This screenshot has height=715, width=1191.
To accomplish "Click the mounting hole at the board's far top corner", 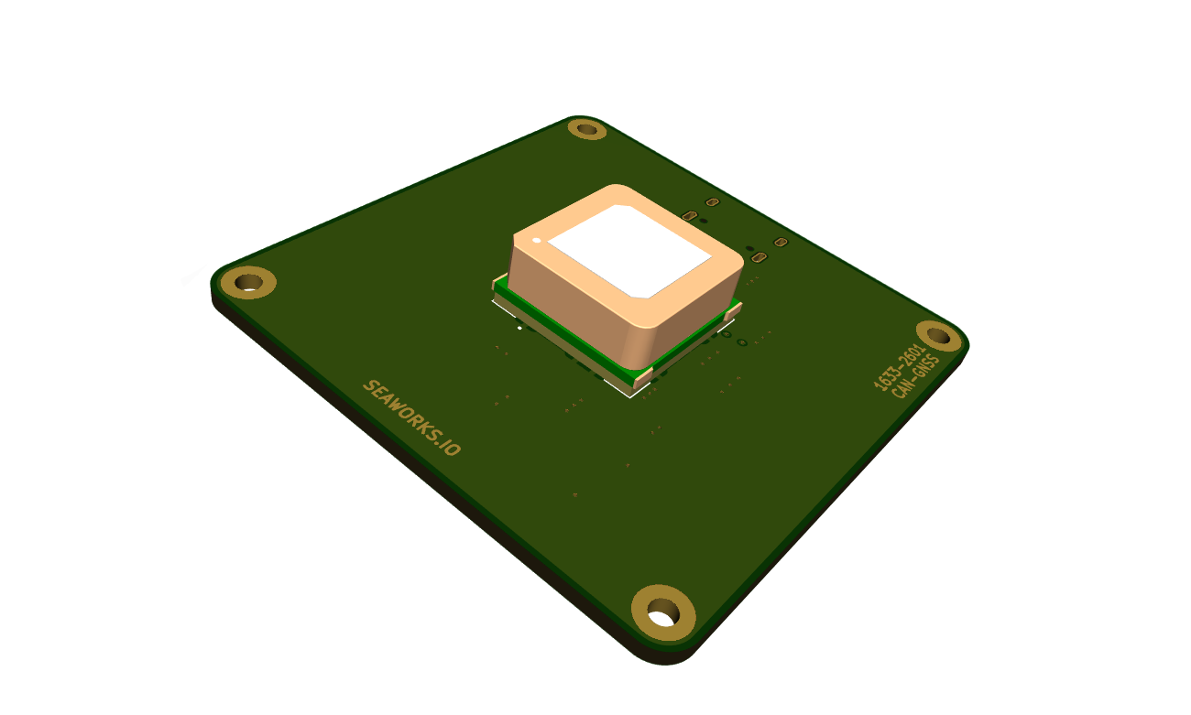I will (587, 129).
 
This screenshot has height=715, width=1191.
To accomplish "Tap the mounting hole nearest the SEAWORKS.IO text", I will (245, 282).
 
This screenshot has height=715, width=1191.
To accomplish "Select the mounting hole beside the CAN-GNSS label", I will (939, 336).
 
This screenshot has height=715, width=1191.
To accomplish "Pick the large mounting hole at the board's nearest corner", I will (662, 612).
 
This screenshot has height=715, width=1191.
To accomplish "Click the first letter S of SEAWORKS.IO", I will (369, 386).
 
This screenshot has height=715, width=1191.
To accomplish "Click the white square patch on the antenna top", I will (630, 252).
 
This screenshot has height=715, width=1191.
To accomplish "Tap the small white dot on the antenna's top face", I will (537, 241).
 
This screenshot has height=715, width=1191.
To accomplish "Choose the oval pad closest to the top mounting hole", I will (712, 201).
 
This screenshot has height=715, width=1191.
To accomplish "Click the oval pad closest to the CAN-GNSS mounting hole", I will (781, 243).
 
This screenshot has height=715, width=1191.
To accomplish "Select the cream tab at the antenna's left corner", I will (499, 283).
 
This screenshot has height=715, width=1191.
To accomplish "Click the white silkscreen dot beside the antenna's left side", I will (519, 327).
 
